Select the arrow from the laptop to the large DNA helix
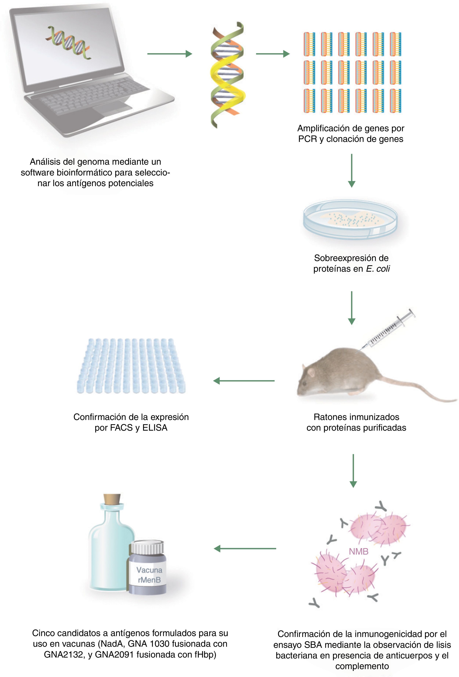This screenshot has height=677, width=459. tap(169, 54)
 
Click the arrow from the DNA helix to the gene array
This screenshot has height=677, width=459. tap(272, 54)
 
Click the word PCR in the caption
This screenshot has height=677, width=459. tap(308, 139)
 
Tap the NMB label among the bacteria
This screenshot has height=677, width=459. tap(358, 551)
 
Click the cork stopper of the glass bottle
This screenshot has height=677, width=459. tap(112, 500)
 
